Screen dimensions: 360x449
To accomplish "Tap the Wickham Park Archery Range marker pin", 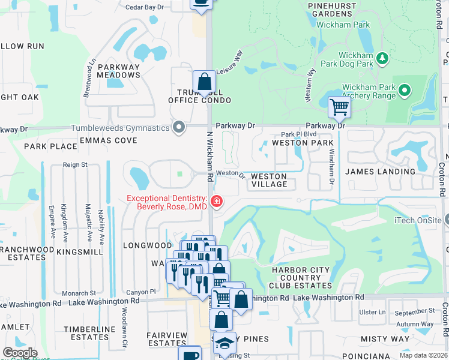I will pos(405,91).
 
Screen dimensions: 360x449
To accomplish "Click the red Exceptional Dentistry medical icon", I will pos(215,202).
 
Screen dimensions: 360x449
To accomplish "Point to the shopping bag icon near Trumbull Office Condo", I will pos(204,82).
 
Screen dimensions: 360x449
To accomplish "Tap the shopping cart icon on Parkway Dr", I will pos(339,107).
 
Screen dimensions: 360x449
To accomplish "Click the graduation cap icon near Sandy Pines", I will pos(224,343).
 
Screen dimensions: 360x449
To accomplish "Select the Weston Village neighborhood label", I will pos(269,180).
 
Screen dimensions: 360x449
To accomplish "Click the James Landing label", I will pos(380,172).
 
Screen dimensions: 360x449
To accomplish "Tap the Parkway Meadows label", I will pos(119,71).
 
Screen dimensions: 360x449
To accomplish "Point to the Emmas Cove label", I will pos(113,140).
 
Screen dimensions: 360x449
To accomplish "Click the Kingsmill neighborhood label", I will pos(80,253).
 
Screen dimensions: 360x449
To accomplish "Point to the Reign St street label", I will pos(76,164).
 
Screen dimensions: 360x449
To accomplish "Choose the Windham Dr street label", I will pos(331,167).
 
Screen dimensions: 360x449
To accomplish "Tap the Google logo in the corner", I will pos(20,353).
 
